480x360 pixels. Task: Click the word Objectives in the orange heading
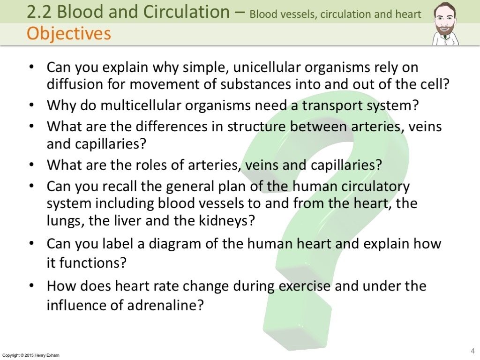[68, 34]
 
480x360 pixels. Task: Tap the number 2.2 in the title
[39, 12]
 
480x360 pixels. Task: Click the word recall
[119, 186]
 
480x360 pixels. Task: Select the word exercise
[305, 286]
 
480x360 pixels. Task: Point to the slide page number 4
[472, 351]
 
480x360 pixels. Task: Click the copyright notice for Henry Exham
[30, 355]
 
